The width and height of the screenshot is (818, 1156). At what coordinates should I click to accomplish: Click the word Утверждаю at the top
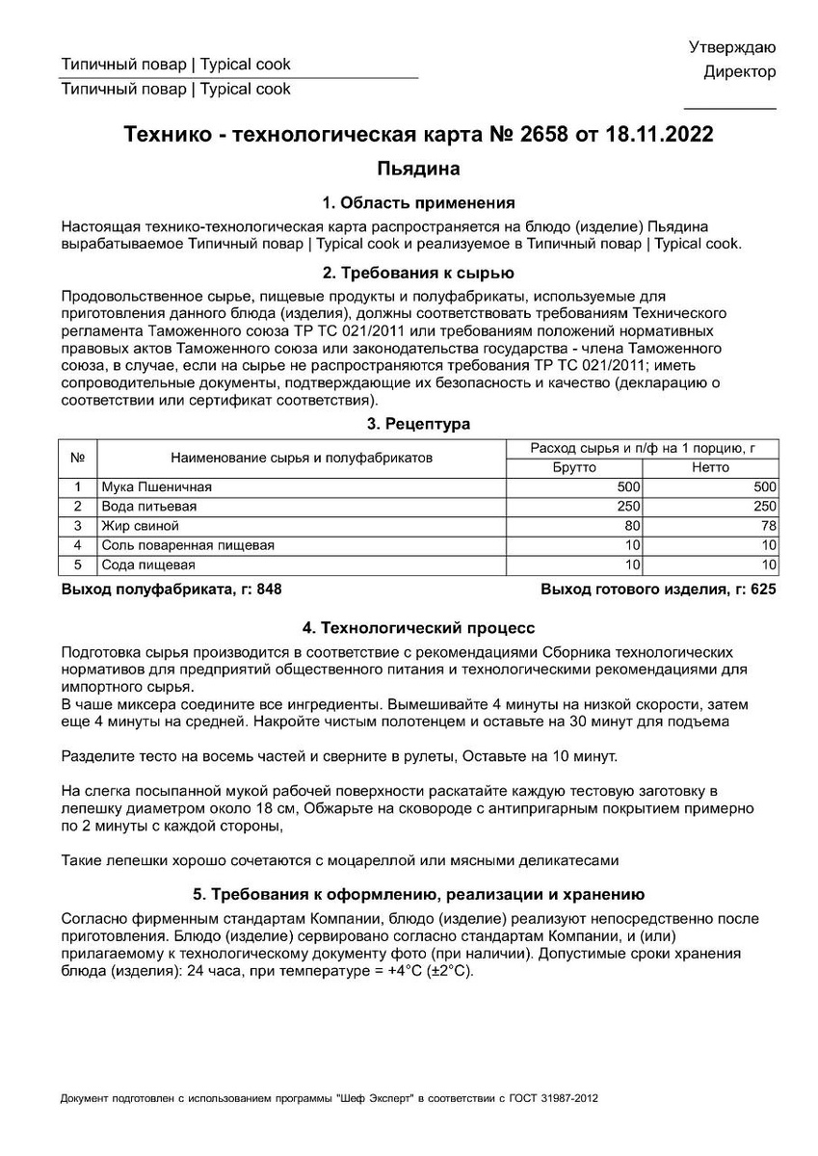click(x=732, y=47)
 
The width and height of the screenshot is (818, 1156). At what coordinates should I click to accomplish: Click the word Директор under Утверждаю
click(x=739, y=72)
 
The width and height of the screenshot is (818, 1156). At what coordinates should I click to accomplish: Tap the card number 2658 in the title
click(x=544, y=135)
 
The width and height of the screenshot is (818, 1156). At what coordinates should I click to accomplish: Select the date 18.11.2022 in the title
click(x=659, y=135)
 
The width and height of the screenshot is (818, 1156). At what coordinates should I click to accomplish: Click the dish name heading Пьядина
click(x=417, y=170)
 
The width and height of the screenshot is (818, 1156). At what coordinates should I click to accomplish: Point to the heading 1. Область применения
click(x=417, y=203)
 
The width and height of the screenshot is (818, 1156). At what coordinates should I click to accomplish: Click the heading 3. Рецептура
click(x=417, y=424)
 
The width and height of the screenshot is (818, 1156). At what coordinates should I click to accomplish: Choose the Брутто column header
click(x=574, y=467)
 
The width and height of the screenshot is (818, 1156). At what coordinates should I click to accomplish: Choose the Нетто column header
click(x=710, y=467)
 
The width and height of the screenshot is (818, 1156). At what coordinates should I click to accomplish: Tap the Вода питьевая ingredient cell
click(x=149, y=507)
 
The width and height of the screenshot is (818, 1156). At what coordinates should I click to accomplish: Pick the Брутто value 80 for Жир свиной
click(x=632, y=526)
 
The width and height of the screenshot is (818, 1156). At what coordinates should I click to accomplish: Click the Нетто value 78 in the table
click(x=767, y=526)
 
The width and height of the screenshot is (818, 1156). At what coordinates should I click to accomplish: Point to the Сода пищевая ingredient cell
click(x=148, y=565)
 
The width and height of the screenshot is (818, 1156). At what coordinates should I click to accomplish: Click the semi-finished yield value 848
click(x=269, y=589)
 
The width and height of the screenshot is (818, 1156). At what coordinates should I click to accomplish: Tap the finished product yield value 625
click(x=763, y=589)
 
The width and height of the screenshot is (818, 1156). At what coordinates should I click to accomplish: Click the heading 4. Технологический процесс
click(x=417, y=628)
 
